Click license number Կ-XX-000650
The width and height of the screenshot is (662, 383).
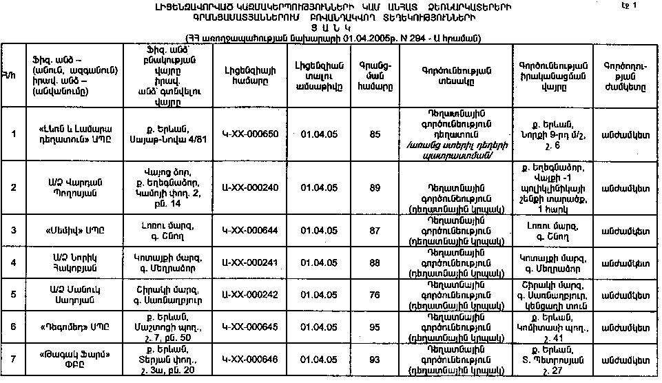(251, 134)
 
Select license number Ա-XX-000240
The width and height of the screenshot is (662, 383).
(251, 187)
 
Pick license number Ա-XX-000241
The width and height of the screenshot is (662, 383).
(251, 262)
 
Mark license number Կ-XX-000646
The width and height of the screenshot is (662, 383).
(251, 359)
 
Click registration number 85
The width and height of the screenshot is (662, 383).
(375, 134)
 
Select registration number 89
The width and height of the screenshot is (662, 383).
(375, 187)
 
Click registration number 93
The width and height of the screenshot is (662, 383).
(375, 359)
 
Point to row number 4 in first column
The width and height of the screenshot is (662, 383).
(13, 262)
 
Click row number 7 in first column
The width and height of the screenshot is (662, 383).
(13, 359)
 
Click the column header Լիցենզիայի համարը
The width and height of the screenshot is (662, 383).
(251, 74)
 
